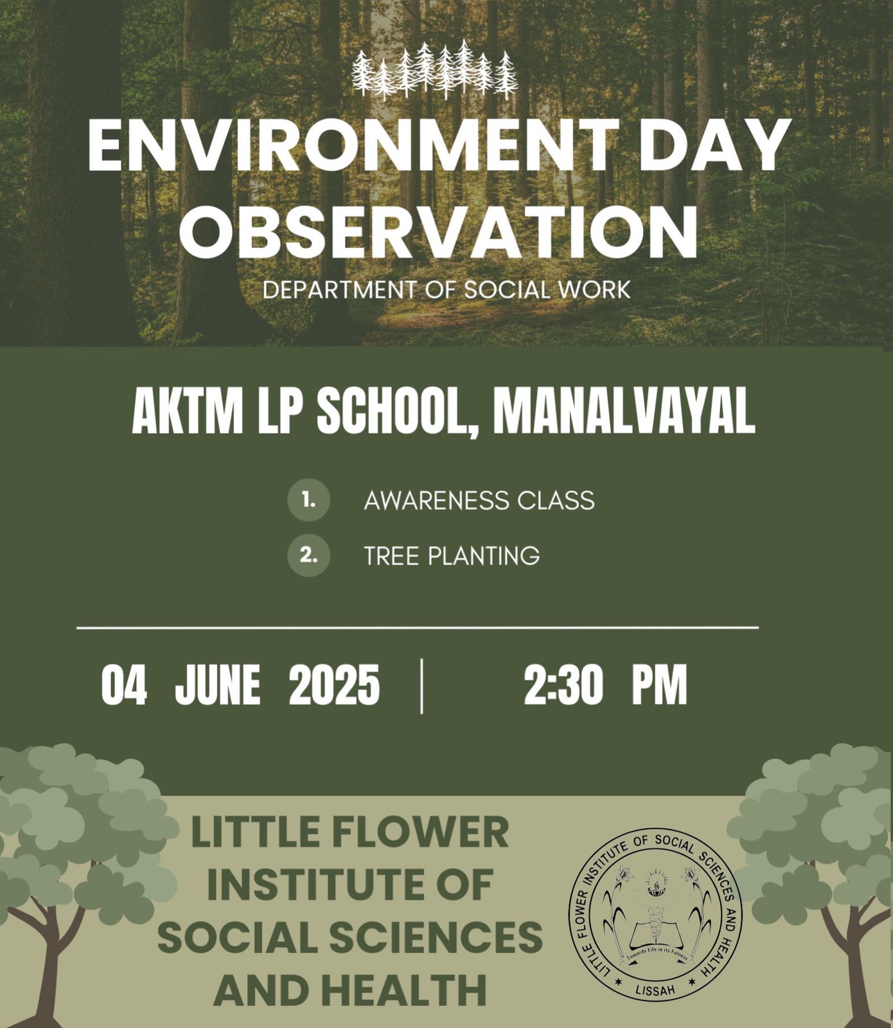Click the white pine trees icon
click(435, 70)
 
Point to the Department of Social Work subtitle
click(446, 290)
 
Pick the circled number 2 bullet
click(309, 555)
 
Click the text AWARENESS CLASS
click(479, 501)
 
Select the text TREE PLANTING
click(452, 556)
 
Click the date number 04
click(124, 685)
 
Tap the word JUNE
click(218, 685)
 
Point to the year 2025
click(334, 685)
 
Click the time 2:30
click(563, 685)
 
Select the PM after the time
click(660, 685)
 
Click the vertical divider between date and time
click(421, 686)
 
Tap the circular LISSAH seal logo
click(655, 915)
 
